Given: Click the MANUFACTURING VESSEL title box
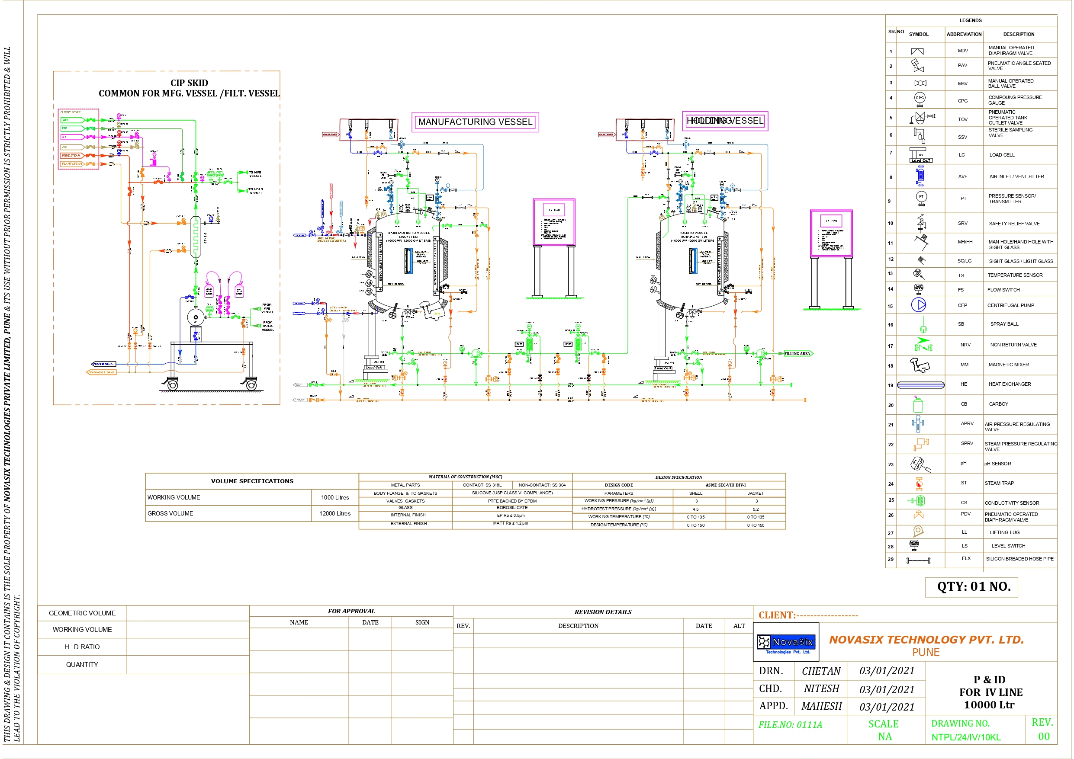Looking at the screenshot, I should coord(475,122).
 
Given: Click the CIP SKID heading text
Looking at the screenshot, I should coord(189,83).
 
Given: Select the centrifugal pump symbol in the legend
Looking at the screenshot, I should coord(918,305).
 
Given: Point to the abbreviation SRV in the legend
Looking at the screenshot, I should coord(962,223).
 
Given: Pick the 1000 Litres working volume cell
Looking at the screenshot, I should coord(334,497).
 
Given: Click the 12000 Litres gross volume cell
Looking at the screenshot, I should coord(334,513).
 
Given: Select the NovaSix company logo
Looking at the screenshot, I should coord(786,642).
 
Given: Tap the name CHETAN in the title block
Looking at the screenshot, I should coord(821,671).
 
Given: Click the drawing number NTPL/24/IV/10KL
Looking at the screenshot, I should coord(965,737).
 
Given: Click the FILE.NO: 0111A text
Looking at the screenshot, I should coord(790,725).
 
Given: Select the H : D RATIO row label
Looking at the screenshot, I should coord(82,647).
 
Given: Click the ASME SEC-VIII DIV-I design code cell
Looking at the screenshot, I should coord(726,485).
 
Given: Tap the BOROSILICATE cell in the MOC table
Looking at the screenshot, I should coord(512,507).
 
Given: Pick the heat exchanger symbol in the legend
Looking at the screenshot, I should coord(920,385).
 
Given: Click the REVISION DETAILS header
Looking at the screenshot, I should coord(602,612).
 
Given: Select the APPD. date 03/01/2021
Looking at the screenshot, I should coord(887,707).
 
